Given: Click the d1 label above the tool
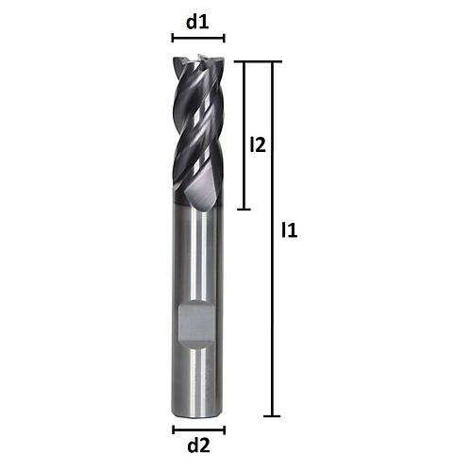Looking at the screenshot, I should [197, 22].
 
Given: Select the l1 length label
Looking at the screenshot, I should [290, 229].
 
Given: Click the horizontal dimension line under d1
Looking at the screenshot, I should [198, 39].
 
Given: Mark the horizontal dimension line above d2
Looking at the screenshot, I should [198, 430].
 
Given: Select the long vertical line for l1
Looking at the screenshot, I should [273, 283].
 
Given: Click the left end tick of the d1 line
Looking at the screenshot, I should [173, 39].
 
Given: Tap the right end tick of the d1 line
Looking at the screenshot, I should [225, 39].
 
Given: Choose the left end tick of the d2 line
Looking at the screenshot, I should [173, 430].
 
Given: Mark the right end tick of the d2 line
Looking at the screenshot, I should [225, 430].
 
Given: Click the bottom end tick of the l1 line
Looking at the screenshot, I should [273, 415].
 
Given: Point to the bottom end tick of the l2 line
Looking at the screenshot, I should [244, 209].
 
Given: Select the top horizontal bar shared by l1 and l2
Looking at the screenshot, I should [259, 62].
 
